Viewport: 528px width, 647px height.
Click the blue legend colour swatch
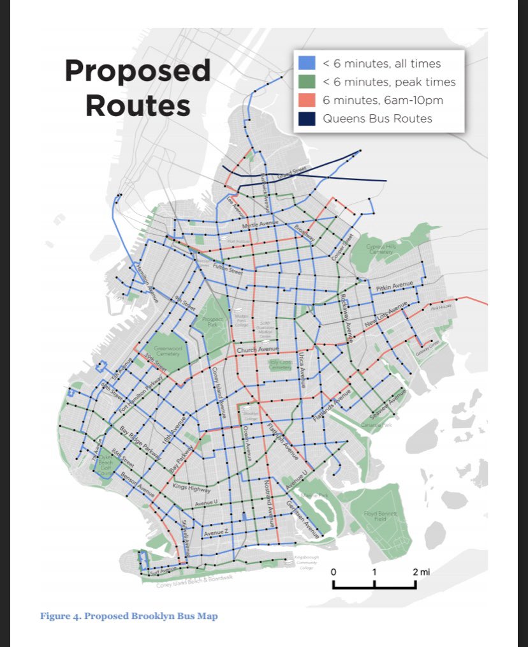306,63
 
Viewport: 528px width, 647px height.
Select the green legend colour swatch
306,82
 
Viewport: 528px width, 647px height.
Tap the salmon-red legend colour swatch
306,100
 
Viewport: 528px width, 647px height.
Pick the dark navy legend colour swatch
306,119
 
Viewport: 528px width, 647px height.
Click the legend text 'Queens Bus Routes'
377,119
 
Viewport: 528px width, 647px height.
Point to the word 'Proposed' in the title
137,71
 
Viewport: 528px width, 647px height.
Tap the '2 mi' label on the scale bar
421,572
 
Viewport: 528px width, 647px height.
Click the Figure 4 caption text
129,616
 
